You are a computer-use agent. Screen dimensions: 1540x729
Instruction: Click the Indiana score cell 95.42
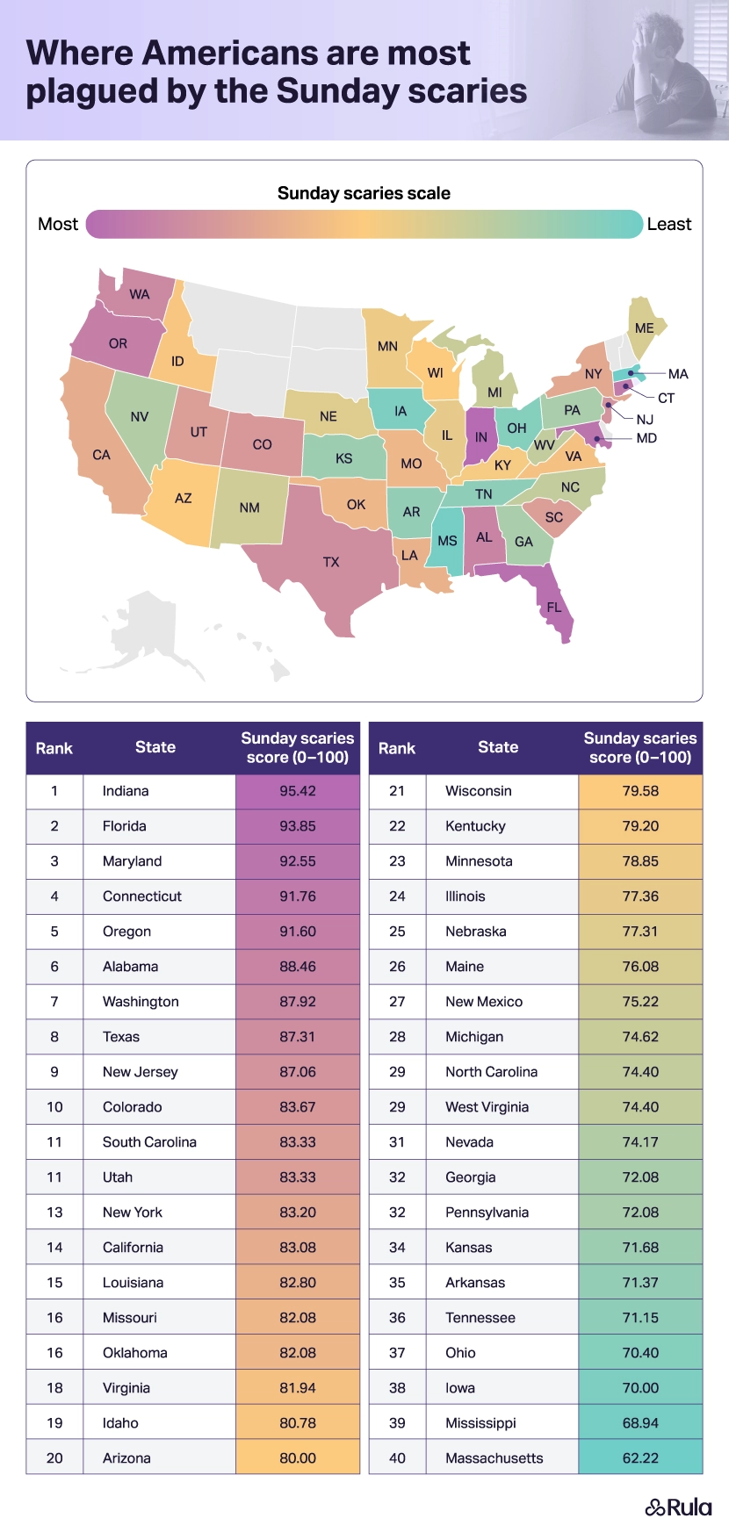(297, 791)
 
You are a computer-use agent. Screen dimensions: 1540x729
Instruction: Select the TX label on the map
(331, 562)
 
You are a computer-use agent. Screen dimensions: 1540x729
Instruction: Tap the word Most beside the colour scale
(58, 225)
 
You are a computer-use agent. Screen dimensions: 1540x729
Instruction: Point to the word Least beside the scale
(668, 225)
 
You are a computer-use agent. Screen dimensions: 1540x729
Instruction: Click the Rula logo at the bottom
(679, 1508)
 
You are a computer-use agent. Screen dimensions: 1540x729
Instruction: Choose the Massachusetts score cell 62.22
(640, 1458)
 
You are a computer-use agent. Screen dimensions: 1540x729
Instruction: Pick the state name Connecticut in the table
(142, 896)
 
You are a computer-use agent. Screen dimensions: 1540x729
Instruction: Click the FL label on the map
(553, 608)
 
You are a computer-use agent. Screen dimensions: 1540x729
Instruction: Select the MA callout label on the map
(678, 374)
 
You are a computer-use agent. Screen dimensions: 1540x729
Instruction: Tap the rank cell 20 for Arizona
(54, 1458)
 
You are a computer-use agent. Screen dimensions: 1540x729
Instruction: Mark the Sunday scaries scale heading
(364, 193)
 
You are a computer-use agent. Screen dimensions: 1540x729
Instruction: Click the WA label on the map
(139, 295)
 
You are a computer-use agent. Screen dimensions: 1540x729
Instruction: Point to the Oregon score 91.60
(297, 932)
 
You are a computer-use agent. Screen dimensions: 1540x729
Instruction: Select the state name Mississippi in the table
(480, 1423)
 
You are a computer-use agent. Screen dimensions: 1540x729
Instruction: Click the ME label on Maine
(644, 328)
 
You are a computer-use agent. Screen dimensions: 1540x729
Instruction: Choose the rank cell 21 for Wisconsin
(397, 791)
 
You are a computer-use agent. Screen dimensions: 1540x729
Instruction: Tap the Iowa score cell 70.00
(640, 1388)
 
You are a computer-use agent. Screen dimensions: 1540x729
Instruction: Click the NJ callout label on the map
(645, 420)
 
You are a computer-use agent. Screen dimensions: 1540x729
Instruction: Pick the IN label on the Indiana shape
(480, 437)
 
